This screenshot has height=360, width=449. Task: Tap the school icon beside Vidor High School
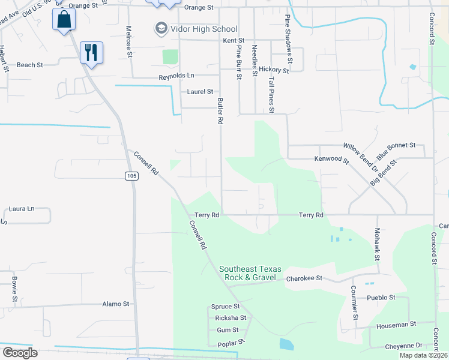pyautogui.click(x=160, y=28)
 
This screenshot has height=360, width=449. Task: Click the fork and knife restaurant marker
pyautogui.click(x=91, y=52)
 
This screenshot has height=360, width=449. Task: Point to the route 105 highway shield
pyautogui.click(x=132, y=176)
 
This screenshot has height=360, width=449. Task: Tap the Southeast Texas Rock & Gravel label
pyautogui.click(x=247, y=274)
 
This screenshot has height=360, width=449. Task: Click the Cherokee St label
pyautogui.click(x=304, y=279)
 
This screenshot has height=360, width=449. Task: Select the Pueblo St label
pyautogui.click(x=381, y=297)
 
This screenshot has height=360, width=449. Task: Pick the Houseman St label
pyautogui.click(x=396, y=325)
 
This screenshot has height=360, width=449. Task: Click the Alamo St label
pyautogui.click(x=116, y=304)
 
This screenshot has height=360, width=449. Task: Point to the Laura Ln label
pyautogui.click(x=22, y=209)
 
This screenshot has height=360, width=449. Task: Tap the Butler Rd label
pyautogui.click(x=220, y=111)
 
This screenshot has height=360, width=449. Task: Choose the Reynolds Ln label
pyautogui.click(x=176, y=77)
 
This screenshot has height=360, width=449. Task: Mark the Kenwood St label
pyautogui.click(x=332, y=160)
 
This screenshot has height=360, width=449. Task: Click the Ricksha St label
pyautogui.click(x=227, y=318)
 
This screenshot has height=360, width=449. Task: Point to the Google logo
pyautogui.click(x=20, y=353)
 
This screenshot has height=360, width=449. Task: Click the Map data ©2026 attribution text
pyautogui.click(x=423, y=355)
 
